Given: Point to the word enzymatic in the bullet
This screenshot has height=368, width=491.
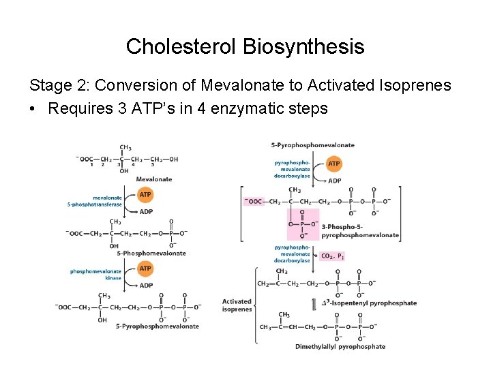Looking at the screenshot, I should click(x=242, y=108).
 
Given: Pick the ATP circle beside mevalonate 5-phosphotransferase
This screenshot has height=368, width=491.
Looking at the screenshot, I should click(x=145, y=195).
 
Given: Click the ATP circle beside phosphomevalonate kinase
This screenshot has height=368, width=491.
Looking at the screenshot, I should click(x=145, y=269).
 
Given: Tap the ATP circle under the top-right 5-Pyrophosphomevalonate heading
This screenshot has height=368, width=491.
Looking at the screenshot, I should click(x=334, y=164).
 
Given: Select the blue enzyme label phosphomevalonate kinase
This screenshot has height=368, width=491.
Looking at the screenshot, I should click(x=96, y=275).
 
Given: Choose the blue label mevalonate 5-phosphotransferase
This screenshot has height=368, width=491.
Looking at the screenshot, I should click(x=95, y=201).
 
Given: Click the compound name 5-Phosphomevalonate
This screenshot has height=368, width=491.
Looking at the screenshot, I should click(x=151, y=253).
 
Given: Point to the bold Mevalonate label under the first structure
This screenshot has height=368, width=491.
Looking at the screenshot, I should click(x=153, y=179).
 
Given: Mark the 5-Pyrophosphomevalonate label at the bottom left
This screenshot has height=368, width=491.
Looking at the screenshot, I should click(x=158, y=326).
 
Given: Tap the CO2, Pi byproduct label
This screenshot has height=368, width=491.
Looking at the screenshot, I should click(x=333, y=256).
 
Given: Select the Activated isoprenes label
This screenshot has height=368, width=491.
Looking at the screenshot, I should click(x=237, y=305).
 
